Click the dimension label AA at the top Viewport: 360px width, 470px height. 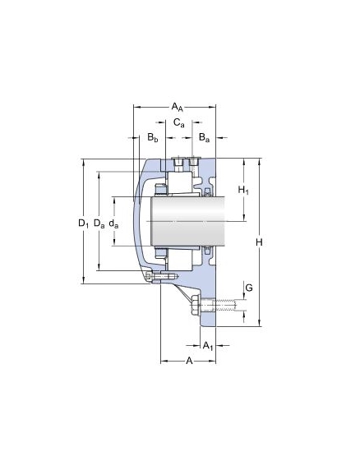[x=177, y=107]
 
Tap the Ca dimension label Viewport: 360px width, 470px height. [x=179, y=122]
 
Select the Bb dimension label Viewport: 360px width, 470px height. [x=153, y=138]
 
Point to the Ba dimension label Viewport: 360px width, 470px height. [x=204, y=138]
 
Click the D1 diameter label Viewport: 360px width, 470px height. [x=83, y=223]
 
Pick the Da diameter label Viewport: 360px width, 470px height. [x=99, y=223]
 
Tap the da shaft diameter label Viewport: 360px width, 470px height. [x=113, y=223]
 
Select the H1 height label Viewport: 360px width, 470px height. [x=243, y=190]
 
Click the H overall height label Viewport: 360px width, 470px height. [x=259, y=242]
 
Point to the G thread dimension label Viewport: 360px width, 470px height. [x=249, y=288]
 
